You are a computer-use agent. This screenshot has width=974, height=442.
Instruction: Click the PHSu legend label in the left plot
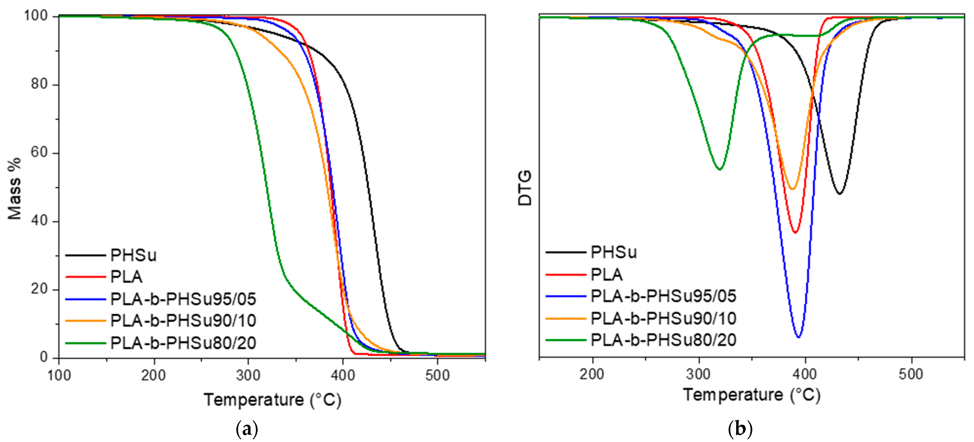133,255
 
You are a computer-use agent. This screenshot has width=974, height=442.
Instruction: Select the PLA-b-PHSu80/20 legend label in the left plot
183,343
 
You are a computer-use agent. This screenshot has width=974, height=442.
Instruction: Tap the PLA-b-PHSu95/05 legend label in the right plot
663,296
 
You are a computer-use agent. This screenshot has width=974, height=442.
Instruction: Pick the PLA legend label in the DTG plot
606,275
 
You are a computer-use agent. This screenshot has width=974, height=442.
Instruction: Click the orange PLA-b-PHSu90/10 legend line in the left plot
85,321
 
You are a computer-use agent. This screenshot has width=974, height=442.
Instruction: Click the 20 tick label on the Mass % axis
39,289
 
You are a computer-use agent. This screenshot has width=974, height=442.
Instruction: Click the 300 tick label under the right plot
698,374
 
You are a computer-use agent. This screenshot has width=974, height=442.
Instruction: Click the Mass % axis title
14,188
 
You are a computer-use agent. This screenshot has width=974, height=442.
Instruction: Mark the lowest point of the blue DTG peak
798,337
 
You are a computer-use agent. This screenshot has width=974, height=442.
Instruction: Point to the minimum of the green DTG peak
720,169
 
